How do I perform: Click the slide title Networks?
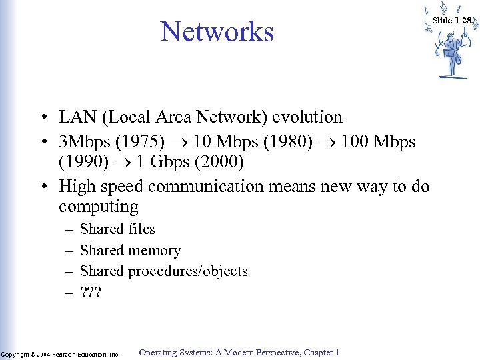pyautogui.click(x=217, y=31)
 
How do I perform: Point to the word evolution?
pyautogui.click(x=310, y=117)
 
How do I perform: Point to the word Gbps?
pyautogui.click(x=163, y=163)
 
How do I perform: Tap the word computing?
pyautogui.click(x=98, y=207)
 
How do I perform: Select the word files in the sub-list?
pyautogui.click(x=141, y=229)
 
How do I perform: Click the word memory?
pyautogui.click(x=155, y=251)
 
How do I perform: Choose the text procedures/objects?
pyautogui.click(x=188, y=271)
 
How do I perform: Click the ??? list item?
pyautogui.click(x=90, y=292)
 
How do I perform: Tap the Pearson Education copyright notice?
pyautogui.click(x=60, y=354)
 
